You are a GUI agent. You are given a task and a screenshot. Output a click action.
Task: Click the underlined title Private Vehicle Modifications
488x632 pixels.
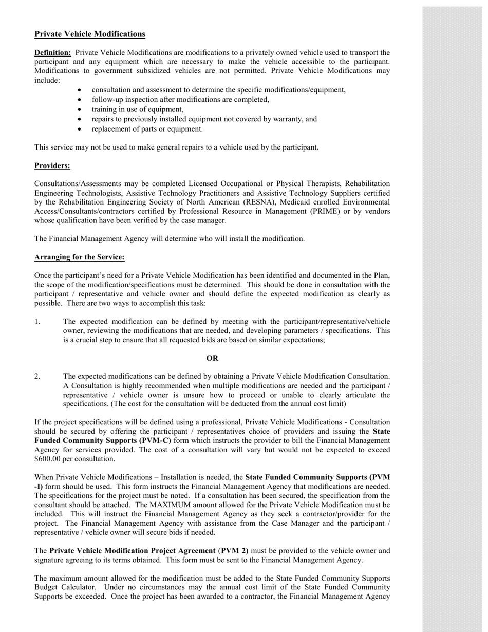point(90,34)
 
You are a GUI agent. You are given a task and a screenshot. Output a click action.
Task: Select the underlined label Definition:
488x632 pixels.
point(52,53)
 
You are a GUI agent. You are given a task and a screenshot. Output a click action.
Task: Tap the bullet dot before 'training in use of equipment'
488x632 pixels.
point(80,110)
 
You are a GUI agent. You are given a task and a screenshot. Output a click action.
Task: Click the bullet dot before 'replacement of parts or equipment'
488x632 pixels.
point(80,129)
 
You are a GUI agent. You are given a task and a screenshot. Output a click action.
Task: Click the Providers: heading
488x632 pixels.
point(52,166)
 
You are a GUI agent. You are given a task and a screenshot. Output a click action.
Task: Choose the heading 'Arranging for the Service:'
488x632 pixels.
point(79,257)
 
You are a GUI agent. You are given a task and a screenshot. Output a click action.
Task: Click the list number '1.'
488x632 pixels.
point(37,322)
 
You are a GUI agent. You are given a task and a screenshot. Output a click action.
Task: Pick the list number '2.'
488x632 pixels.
point(37,377)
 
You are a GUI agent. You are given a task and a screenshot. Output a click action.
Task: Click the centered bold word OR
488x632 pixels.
point(212,358)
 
